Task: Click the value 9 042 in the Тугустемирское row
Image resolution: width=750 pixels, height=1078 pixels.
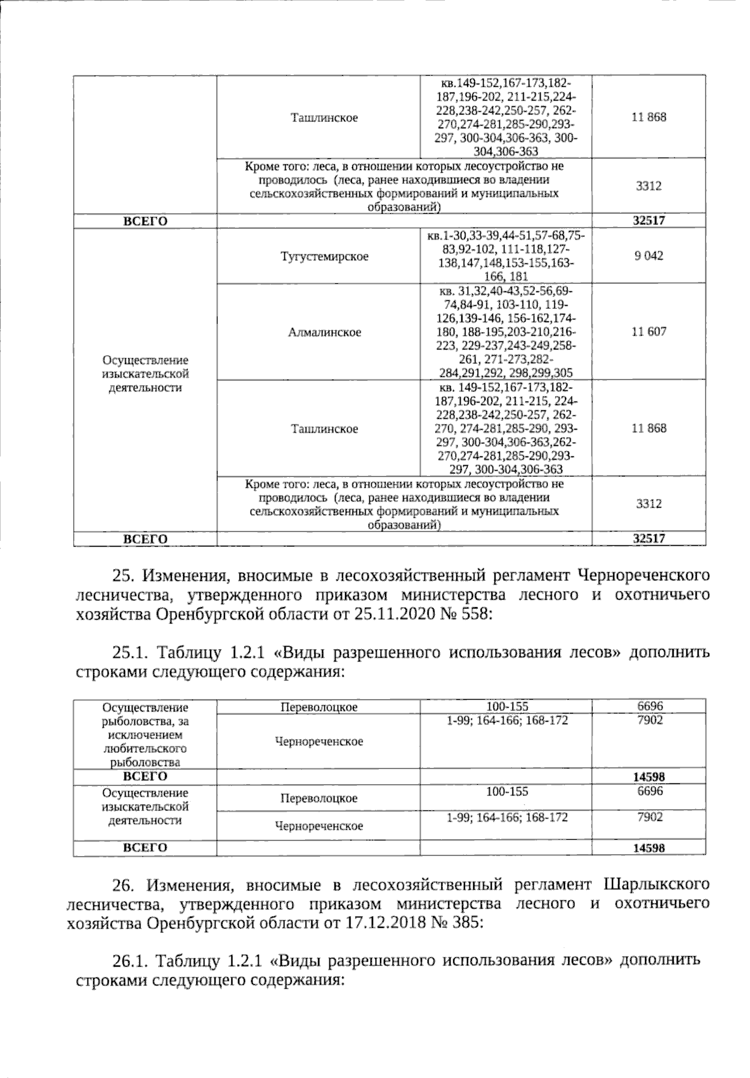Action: pyautogui.click(x=649, y=256)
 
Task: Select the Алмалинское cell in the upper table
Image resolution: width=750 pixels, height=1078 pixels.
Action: pyautogui.click(x=324, y=332)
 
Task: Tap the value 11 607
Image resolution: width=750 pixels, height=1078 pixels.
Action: pyautogui.click(x=649, y=331)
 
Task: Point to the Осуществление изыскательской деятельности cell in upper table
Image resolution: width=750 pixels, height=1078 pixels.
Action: pyautogui.click(x=145, y=373)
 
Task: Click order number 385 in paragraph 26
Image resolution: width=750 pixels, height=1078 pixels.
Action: pyautogui.click(x=466, y=922)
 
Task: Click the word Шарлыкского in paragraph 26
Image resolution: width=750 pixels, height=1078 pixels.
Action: pyautogui.click(x=657, y=884)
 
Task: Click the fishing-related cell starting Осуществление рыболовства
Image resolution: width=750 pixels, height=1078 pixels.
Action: pyautogui.click(x=145, y=735)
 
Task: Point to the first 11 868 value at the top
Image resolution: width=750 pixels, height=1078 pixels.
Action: pyautogui.click(x=649, y=117)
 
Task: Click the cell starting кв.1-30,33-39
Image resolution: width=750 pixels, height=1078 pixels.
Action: pyautogui.click(x=506, y=256)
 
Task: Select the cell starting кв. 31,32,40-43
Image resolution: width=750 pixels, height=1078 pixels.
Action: pyautogui.click(x=506, y=332)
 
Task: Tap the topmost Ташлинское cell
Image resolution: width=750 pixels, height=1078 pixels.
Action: pyautogui.click(x=324, y=118)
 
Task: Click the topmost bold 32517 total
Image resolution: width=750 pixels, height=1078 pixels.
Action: pyautogui.click(x=649, y=221)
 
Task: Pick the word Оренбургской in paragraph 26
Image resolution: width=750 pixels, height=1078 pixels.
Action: pyautogui.click(x=197, y=922)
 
